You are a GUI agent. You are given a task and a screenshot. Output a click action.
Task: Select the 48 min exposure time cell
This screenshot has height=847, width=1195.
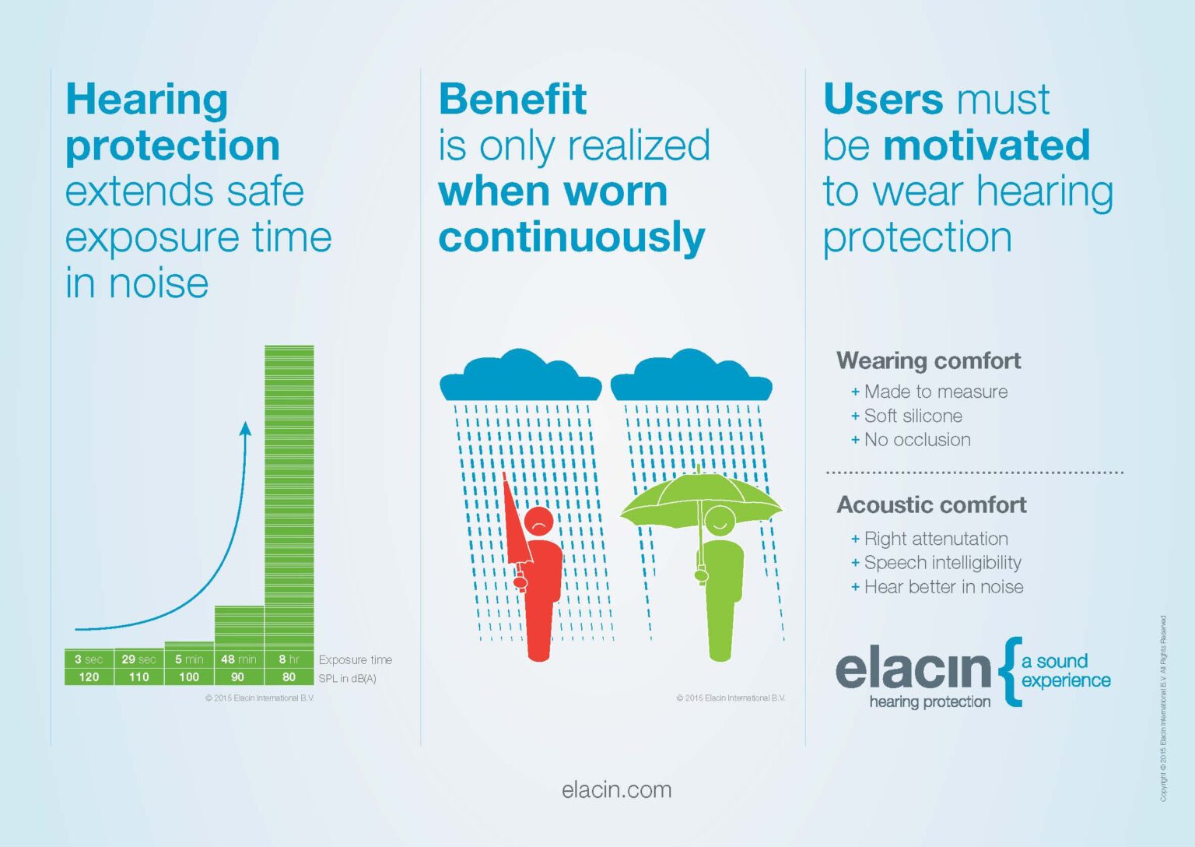(239, 659)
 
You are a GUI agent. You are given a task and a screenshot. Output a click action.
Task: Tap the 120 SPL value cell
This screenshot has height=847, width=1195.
(89, 677)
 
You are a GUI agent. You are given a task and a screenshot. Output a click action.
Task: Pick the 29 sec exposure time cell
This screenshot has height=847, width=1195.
(138, 659)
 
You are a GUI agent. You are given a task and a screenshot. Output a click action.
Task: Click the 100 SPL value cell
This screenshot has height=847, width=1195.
(189, 677)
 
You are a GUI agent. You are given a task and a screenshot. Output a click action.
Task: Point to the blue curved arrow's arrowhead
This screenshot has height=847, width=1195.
(246, 428)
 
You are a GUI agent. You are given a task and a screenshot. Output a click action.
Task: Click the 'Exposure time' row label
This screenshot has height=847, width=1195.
(356, 659)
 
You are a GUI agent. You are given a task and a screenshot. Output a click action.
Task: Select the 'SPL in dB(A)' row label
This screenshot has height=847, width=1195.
(348, 678)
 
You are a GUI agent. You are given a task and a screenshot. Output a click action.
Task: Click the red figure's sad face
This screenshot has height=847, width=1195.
(538, 522)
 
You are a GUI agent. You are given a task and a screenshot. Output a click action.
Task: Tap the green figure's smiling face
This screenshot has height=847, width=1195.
(720, 519)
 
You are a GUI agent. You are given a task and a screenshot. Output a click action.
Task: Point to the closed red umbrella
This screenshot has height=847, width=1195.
(515, 522)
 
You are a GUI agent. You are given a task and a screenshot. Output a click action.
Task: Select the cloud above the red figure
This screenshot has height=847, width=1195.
(520, 377)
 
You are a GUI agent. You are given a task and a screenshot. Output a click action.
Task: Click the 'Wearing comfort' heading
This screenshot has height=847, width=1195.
(929, 360)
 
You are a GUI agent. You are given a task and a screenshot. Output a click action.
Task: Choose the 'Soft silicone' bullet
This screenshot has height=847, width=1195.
(913, 416)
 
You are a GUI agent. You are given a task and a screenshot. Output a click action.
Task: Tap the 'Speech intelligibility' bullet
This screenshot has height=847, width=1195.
(942, 563)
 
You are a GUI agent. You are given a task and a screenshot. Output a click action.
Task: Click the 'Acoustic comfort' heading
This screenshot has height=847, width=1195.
(932, 504)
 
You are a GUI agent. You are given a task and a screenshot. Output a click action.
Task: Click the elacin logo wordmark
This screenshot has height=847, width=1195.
(913, 670)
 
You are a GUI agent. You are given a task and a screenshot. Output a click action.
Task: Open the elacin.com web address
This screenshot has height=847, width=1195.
(616, 789)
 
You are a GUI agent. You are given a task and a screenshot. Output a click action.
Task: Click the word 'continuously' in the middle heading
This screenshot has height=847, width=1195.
(572, 237)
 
